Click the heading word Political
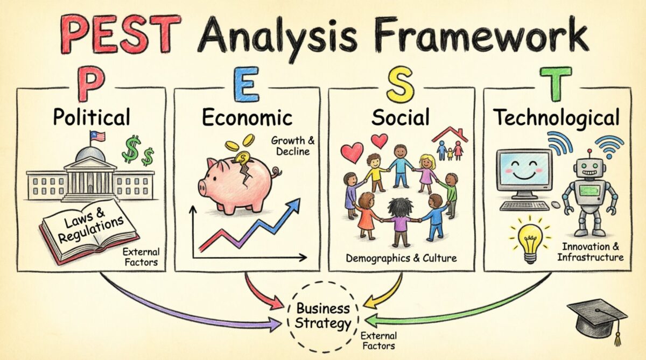point(92,117)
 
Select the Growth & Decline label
point(293,146)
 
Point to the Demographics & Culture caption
point(401,258)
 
